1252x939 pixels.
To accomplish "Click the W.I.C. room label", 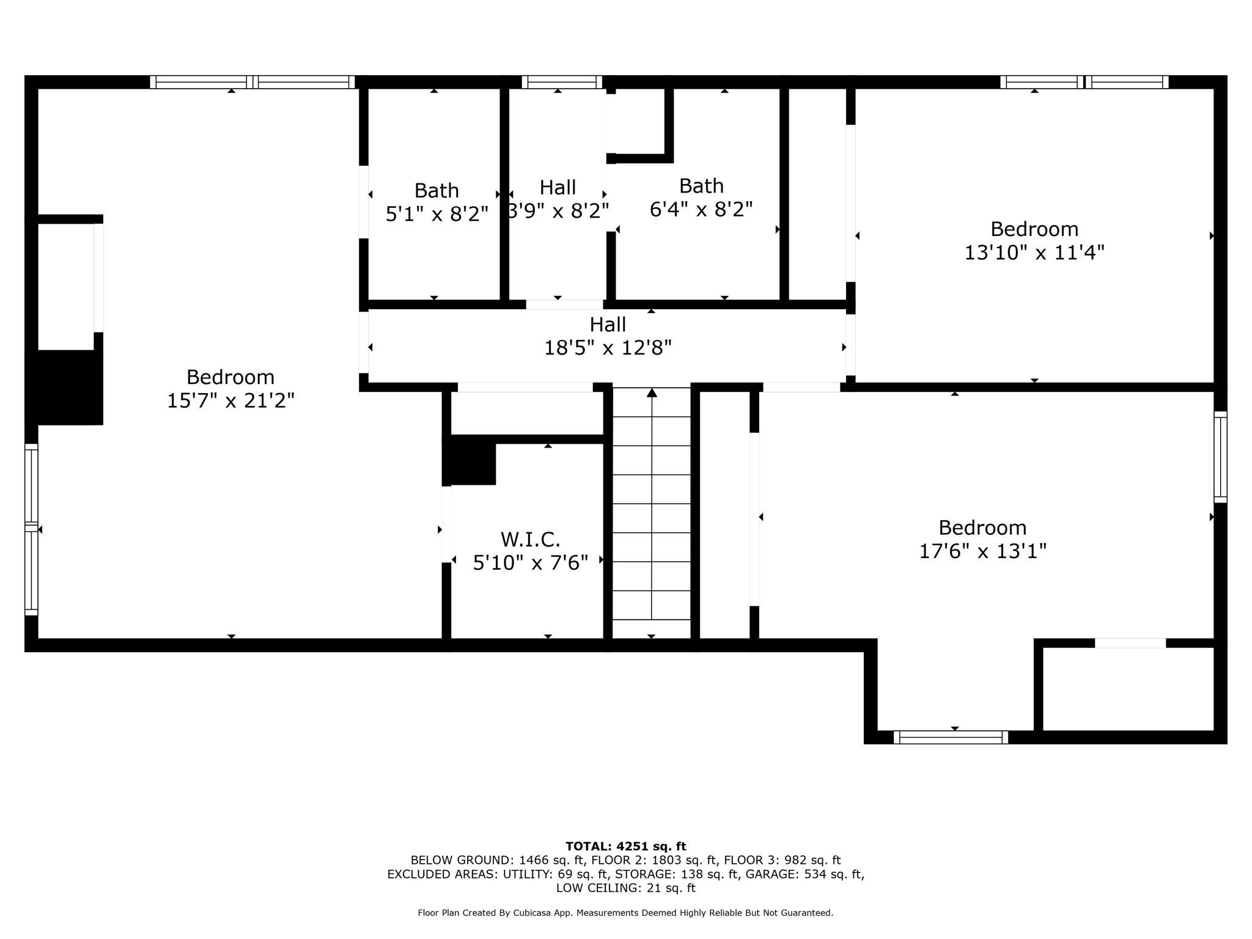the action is tap(530, 540).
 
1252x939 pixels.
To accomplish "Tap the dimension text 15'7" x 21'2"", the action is tap(230, 401).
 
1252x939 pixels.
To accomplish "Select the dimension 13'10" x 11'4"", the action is tap(1034, 252).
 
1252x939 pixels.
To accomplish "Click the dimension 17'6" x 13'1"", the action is tap(982, 551).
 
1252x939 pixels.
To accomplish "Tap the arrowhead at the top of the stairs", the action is tap(652, 392).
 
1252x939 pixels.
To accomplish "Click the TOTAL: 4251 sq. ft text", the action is tap(625, 847).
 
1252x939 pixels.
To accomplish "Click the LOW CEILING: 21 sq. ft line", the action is tap(625, 888).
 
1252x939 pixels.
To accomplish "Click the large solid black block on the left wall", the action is tap(64, 387).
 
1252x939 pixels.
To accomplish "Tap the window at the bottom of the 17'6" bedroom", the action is tap(951, 737).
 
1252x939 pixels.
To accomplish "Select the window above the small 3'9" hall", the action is tap(562, 82).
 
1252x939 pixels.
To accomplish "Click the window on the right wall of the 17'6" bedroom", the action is tap(1220, 457).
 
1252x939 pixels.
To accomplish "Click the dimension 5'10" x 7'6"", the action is tap(530, 563).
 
